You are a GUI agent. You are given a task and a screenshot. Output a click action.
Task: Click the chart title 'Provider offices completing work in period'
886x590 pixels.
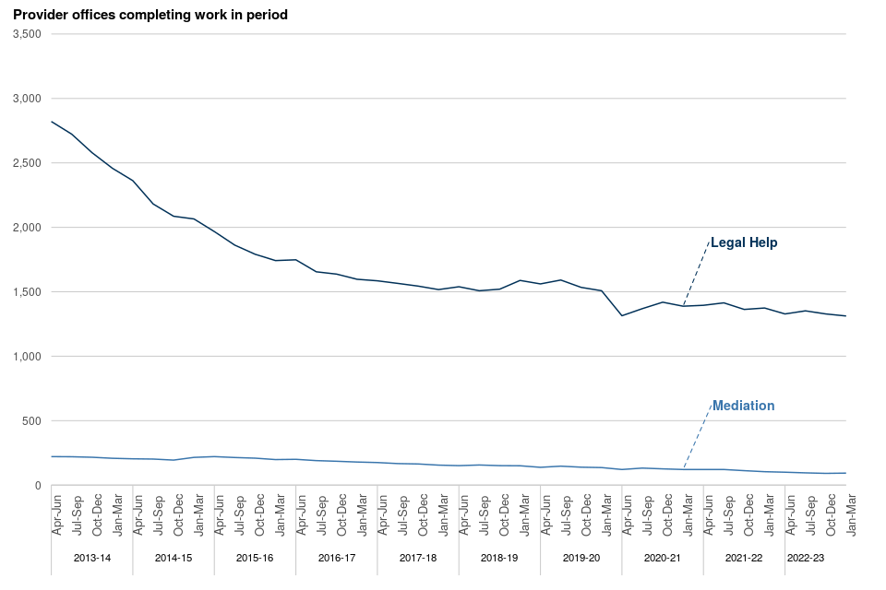(x=150, y=16)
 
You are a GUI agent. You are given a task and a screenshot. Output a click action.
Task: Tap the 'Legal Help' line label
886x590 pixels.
(x=744, y=242)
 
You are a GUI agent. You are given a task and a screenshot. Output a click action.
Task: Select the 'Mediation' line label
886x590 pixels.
(x=743, y=406)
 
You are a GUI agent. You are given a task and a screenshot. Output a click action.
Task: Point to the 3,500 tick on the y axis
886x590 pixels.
(x=27, y=34)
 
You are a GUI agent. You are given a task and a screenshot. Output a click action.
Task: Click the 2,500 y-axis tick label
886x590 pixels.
(x=27, y=163)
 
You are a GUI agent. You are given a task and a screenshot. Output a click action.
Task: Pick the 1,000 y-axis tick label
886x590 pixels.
(x=27, y=357)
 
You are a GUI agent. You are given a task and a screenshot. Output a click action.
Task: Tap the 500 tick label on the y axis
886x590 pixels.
(x=32, y=421)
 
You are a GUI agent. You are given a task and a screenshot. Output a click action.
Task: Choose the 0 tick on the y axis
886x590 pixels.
(x=38, y=486)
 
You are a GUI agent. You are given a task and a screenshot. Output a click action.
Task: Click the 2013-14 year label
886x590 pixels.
(x=91, y=558)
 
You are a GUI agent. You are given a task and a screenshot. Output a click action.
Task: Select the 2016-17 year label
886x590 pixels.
(x=336, y=558)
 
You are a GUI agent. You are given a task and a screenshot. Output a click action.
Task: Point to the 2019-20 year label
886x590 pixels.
(x=581, y=558)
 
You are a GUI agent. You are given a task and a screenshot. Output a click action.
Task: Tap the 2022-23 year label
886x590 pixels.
(x=805, y=558)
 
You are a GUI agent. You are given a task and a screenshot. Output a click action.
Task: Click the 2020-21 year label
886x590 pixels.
(x=662, y=558)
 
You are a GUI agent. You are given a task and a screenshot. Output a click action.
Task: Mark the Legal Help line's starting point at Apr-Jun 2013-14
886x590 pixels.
(x=52, y=122)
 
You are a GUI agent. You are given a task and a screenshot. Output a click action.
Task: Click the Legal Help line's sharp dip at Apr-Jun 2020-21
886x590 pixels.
(x=622, y=315)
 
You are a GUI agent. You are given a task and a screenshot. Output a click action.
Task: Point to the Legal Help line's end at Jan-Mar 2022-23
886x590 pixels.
(x=845, y=316)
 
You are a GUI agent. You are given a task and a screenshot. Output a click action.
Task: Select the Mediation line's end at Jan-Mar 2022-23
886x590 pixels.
(x=845, y=473)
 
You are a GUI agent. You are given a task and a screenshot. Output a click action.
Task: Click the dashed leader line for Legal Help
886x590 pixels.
(x=696, y=274)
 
